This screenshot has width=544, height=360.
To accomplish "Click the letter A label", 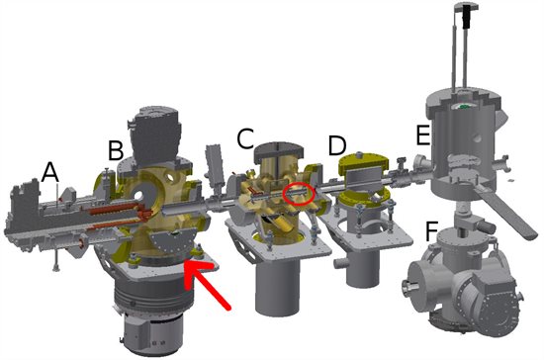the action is point(50,172).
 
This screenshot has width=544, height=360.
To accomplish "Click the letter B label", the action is point(116,150).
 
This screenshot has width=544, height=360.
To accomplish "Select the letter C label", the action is point(245,138).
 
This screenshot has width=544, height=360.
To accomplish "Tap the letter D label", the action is point(337,145).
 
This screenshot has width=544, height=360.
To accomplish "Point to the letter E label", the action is point(423,135).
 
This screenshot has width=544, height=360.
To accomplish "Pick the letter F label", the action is point(432,231).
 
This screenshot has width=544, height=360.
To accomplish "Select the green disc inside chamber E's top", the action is point(465,106).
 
